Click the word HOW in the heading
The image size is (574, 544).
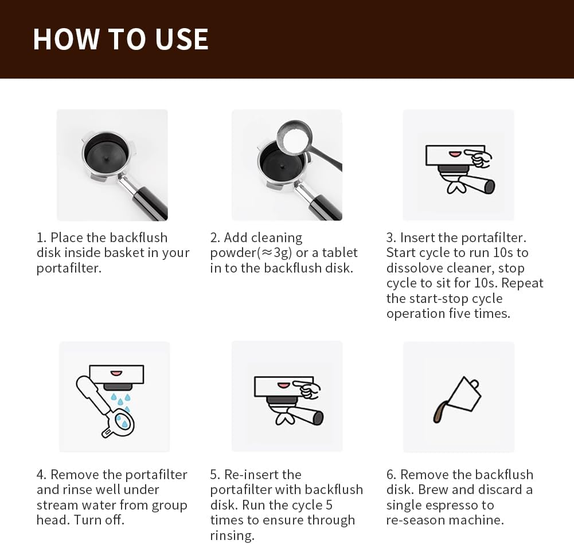(x=67, y=39)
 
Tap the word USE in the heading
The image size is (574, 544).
(x=182, y=39)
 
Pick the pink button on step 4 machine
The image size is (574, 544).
(x=116, y=374)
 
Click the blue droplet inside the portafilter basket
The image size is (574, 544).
(x=124, y=424)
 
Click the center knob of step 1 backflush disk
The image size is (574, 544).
(x=105, y=158)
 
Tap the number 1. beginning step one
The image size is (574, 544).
(x=41, y=238)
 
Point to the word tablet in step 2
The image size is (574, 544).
(x=339, y=252)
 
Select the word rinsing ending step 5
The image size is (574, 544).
(x=232, y=535)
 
